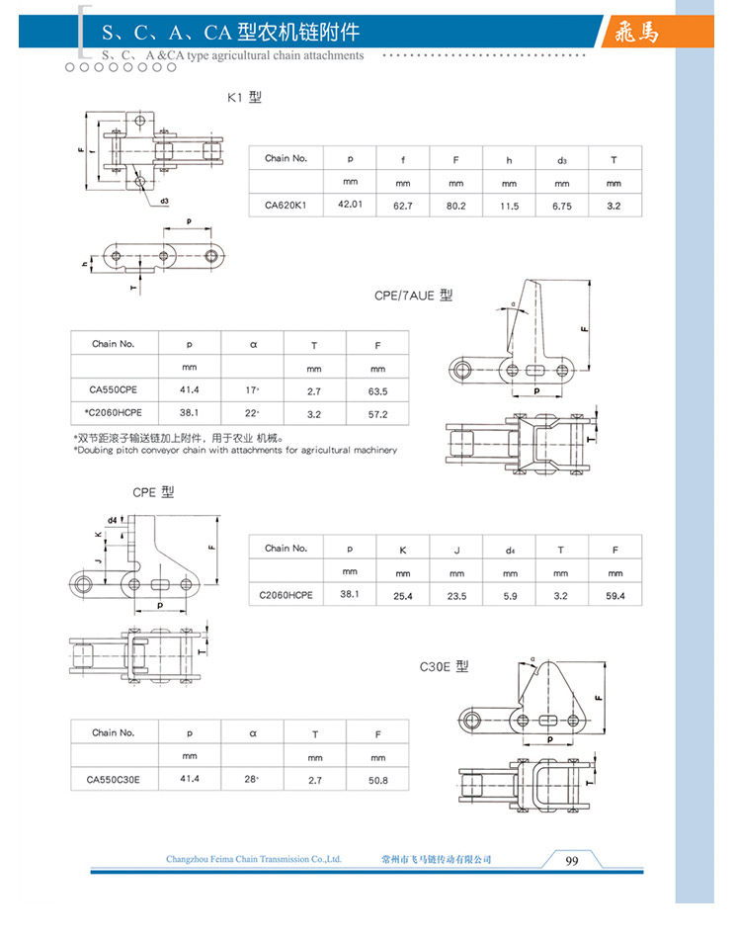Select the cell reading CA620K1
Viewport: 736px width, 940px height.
click(286, 205)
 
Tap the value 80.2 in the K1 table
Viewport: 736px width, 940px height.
click(455, 205)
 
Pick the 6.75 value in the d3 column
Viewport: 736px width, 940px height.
click(561, 205)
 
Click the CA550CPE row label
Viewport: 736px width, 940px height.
click(112, 390)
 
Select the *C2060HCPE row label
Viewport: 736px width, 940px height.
click(114, 412)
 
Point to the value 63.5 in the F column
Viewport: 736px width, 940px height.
click(377, 391)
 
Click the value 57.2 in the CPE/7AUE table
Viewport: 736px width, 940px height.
click(377, 413)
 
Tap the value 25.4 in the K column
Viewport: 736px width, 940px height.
click(402, 595)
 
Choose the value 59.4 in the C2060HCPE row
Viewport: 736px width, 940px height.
click(614, 595)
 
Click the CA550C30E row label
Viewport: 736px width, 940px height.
click(114, 779)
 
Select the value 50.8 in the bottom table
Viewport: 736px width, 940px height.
click(377, 780)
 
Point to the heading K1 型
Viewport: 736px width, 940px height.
click(244, 97)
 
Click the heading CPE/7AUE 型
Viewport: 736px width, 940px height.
click(413, 295)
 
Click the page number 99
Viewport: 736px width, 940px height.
click(571, 860)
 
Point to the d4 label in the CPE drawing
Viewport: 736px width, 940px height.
click(113, 519)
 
